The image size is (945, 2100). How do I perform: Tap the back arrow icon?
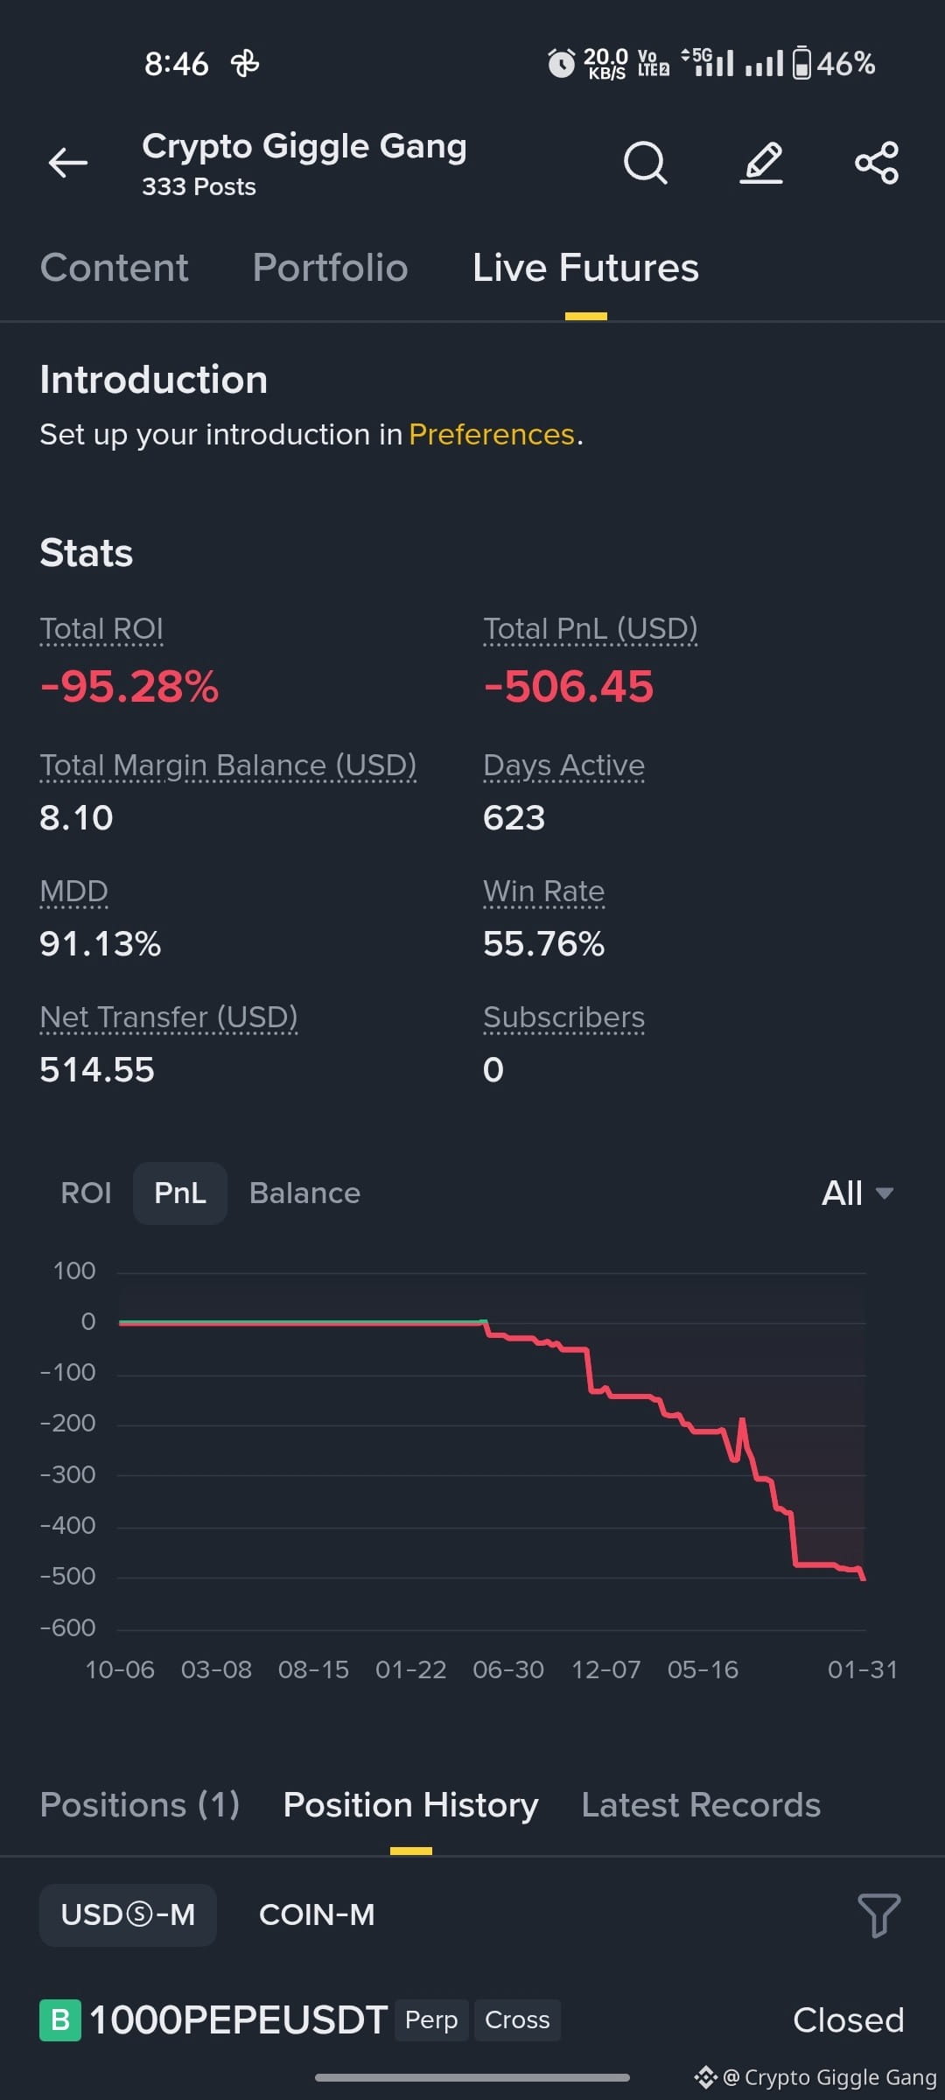[67, 163]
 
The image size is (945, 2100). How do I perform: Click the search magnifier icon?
[646, 163]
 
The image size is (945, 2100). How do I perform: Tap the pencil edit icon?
[761, 163]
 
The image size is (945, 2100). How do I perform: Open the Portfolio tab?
[330, 268]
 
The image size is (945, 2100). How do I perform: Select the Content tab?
[114, 268]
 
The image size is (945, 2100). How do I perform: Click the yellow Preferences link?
[492, 434]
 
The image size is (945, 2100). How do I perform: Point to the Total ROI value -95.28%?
[129, 686]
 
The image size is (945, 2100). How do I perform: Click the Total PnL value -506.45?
[569, 686]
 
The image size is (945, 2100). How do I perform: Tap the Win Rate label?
[543, 892]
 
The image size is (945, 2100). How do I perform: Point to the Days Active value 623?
[514, 818]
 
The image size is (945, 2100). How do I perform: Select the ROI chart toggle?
[86, 1193]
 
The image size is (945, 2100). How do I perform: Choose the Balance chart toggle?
[304, 1193]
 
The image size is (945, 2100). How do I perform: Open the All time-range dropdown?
[857, 1193]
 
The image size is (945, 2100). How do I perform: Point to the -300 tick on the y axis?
[67, 1475]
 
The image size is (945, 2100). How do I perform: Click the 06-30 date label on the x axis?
[508, 1669]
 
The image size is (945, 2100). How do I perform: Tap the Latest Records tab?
[701, 1805]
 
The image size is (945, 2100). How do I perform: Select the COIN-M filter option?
[317, 1915]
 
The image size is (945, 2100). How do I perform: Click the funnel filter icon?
[878, 1915]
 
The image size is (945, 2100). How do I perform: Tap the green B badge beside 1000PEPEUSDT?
[60, 2020]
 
